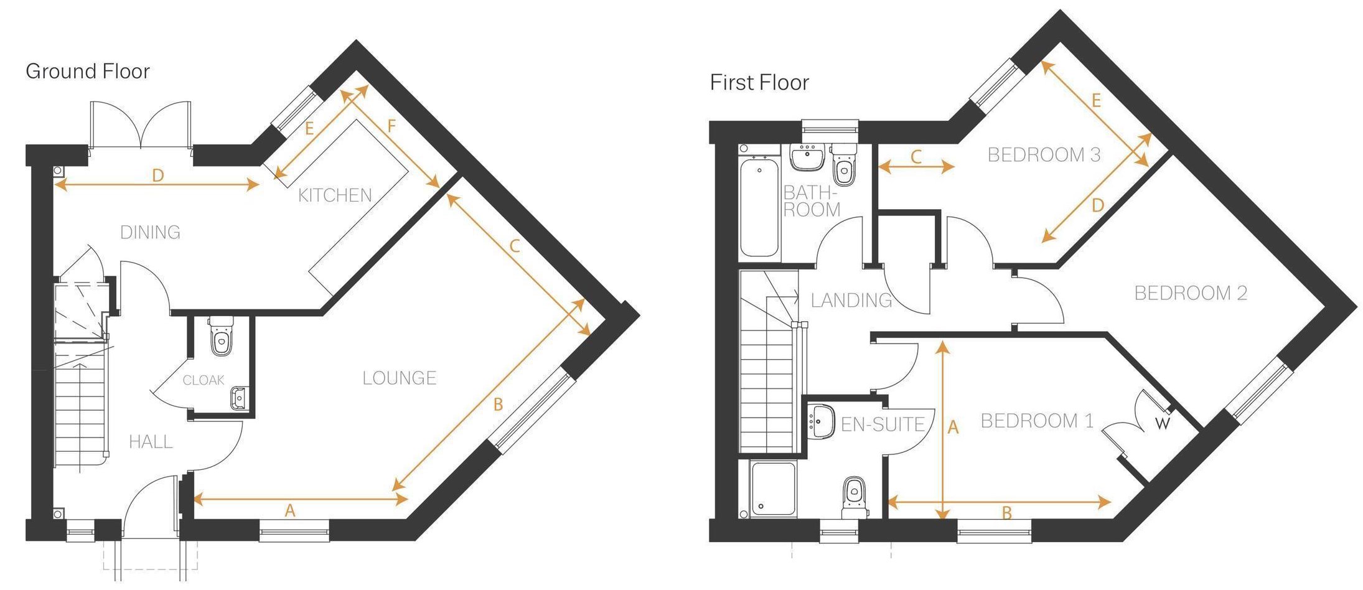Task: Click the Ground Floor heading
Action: pos(87,72)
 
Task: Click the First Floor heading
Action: pos(759,83)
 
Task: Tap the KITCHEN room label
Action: pos(335,195)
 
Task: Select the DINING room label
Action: pos(150,233)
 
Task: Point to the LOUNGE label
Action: pos(400,378)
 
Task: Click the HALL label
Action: pos(151,442)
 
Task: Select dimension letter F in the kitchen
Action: pos(391,126)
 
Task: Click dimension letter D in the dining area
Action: pos(157,176)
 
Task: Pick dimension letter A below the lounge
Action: pos(289,511)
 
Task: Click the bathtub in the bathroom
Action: pos(759,208)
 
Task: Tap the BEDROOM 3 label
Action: pos(1044,155)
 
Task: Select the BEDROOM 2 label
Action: pos(1191,293)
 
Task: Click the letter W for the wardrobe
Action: pos(1162,424)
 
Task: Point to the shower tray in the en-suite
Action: pos(773,489)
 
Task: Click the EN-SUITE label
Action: pos(883,425)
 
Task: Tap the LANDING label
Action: pos(851,301)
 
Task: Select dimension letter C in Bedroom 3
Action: pos(916,157)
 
